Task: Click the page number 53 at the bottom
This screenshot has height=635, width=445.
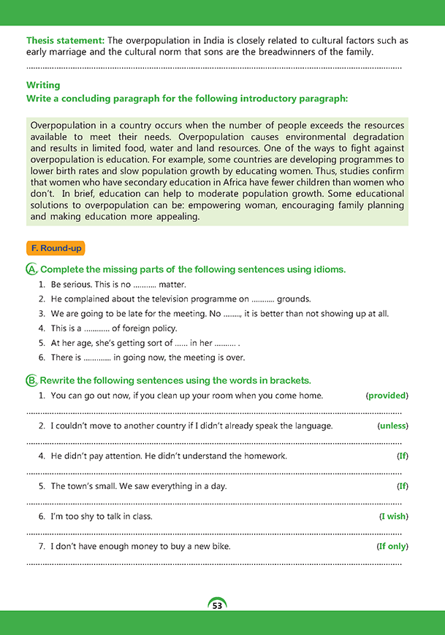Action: point(217,606)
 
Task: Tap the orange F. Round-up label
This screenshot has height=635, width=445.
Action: point(56,248)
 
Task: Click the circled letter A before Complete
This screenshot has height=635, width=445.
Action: point(32,269)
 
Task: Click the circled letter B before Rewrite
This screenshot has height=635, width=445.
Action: point(32,380)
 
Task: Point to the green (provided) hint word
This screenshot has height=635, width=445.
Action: point(387,396)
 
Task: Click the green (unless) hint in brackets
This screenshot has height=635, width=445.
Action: point(392,426)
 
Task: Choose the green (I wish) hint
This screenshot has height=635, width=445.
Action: point(393,516)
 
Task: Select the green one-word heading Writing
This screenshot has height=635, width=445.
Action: point(43,85)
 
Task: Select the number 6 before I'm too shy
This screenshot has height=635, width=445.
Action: point(42,516)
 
